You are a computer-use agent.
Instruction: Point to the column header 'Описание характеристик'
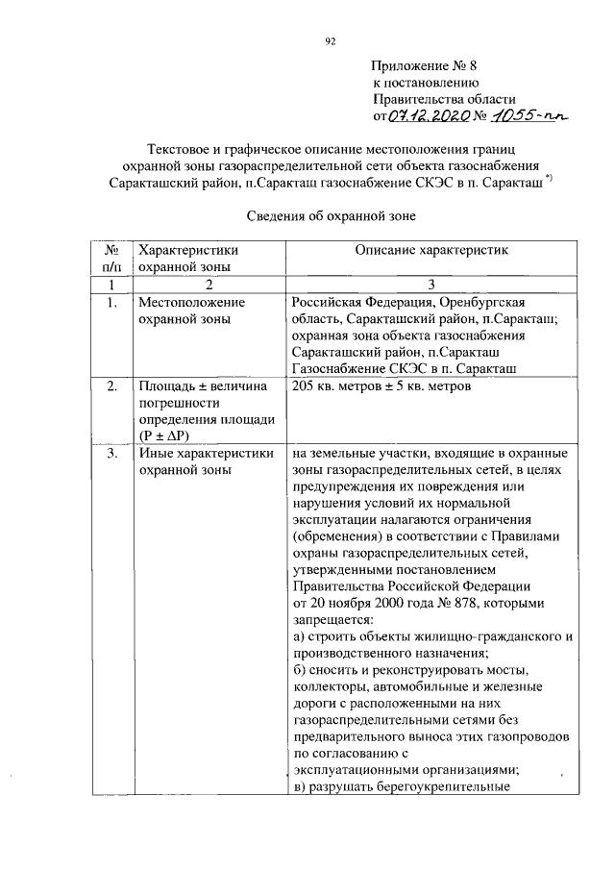[430, 250]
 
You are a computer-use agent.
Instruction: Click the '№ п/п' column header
[112, 259]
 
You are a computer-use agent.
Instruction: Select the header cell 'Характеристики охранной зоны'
[188, 259]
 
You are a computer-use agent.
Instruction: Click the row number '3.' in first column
[112, 454]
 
